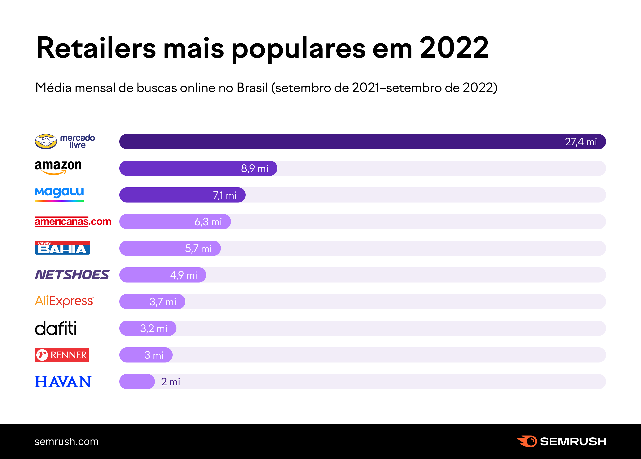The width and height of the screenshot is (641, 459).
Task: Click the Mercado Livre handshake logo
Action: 46,141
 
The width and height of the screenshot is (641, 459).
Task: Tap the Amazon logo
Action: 58,167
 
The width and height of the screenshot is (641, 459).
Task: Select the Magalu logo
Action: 59,194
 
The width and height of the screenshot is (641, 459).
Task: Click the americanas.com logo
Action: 73,222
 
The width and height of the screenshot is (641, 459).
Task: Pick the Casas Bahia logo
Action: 62,248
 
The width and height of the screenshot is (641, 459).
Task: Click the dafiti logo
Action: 55,328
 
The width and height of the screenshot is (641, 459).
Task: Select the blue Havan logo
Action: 63,382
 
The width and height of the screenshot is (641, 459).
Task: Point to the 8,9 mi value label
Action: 254,168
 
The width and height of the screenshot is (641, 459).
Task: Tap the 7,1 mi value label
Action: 225,195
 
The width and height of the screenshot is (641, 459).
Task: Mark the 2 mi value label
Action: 170,382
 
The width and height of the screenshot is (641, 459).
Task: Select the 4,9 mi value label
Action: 183,275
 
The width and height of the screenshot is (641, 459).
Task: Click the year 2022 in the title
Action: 454,48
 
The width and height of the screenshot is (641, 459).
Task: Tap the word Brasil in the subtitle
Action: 252,88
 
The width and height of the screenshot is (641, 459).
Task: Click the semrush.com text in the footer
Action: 66,441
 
